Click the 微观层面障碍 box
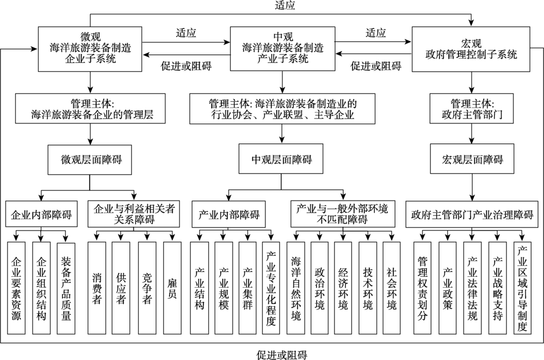[90, 159]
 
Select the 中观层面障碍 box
[281, 159]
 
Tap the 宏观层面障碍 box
[472, 159]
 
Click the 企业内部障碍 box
[41, 214]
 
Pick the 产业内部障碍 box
[228, 214]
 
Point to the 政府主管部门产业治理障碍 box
[472, 214]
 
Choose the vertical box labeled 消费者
[97, 288]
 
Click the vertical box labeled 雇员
[172, 288]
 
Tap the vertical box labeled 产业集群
[248, 288]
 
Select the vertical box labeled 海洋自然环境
[295, 288]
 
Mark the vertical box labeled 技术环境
[367, 288]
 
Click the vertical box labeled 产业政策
[448, 288]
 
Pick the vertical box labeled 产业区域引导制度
[522, 288]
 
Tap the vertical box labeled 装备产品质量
[66, 288]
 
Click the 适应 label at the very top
[285, 5]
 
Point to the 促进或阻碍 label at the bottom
[282, 355]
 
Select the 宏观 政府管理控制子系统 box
[471, 49]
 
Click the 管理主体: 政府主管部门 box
[472, 108]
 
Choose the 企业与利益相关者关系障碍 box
[134, 214]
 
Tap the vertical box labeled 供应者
[121, 288]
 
